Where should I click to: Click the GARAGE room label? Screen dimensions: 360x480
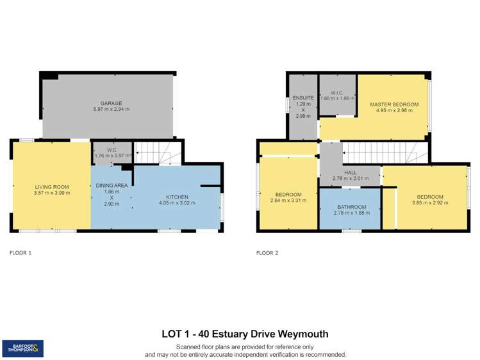point(110,102)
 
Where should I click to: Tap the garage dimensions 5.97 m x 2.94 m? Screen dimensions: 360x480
point(110,109)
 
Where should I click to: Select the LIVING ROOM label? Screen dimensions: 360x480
point(52,186)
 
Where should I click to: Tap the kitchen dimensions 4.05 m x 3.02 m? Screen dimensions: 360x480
point(176,202)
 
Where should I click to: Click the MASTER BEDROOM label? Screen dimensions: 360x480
point(393,104)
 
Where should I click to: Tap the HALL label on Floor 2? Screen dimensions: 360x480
point(350,172)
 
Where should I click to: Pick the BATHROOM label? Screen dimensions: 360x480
point(352,207)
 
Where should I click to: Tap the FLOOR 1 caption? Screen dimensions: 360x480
point(21,253)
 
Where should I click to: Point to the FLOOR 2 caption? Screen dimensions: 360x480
point(267,253)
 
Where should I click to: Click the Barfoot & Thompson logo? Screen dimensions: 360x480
point(23,348)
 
